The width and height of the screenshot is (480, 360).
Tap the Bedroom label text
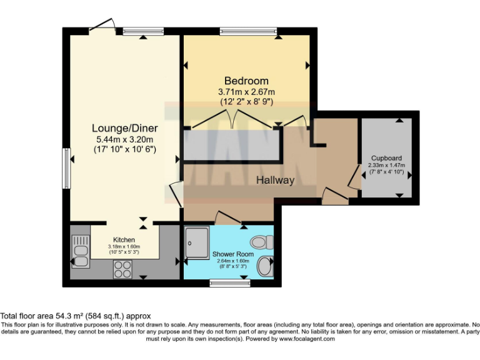pos(246,81)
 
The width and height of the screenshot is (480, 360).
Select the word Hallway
pos(275,180)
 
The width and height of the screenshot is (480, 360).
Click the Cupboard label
pos(386,158)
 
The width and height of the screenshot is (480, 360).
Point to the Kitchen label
pos(123,239)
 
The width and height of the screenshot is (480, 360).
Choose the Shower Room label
pos(232,254)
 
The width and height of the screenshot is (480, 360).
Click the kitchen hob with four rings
pos(122,269)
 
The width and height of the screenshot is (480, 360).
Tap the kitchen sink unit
pos(81,253)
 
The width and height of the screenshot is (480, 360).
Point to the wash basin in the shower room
pos(266,266)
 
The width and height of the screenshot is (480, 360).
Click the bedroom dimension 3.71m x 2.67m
pos(246,92)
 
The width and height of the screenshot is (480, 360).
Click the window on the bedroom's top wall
pos(248,31)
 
